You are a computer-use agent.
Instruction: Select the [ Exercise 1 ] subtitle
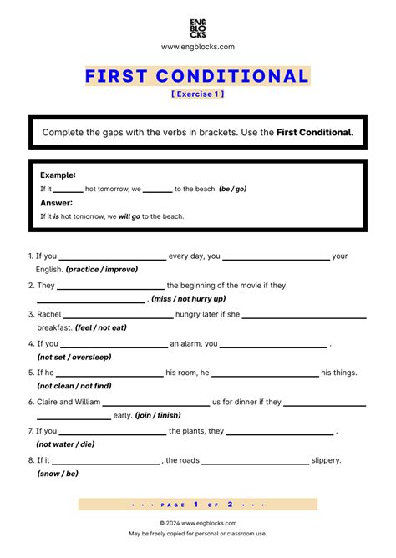point(197,94)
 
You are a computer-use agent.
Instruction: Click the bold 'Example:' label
point(58,175)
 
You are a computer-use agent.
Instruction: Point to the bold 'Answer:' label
point(56,203)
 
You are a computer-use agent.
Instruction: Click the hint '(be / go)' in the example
point(232,190)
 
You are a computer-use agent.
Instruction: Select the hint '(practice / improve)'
point(101,270)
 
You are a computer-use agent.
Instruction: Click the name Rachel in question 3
point(49,314)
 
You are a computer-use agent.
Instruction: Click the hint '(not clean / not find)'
point(74,386)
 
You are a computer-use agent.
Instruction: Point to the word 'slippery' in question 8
point(326,460)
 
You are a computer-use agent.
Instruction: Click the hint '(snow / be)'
point(58,474)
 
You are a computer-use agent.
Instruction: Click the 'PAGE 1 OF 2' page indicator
point(198,505)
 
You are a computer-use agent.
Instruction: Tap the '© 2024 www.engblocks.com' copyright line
point(198,523)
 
